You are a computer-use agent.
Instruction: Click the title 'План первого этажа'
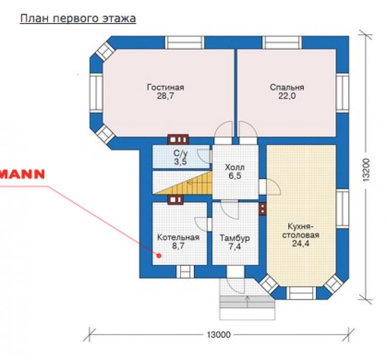pos(78,19)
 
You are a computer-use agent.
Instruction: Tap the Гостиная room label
pos(165,87)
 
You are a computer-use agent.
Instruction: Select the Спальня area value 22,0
pos(287,96)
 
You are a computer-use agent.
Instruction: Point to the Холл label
pos(235,167)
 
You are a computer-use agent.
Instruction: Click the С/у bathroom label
pos(180,154)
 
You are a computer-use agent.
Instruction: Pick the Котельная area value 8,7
pos(178,246)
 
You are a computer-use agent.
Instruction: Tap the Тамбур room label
pos(234,238)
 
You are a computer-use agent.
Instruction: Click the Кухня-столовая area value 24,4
pos(301,243)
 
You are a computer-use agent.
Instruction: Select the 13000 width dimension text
pos(219,335)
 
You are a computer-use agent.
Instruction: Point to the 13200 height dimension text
pos(366,170)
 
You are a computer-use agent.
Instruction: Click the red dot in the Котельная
pos(159,255)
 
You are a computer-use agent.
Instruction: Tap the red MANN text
pos(22,174)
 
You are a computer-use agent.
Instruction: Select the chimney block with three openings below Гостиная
pos(178,140)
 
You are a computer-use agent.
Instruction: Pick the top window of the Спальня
pos(282,43)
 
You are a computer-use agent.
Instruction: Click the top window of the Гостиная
pos(185,43)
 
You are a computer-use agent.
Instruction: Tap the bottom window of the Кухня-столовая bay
pos(301,293)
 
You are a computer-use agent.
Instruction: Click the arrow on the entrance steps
pos(247,302)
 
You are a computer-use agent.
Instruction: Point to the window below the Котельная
pos(185,272)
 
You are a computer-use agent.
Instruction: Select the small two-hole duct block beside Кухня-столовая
pos(263,209)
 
